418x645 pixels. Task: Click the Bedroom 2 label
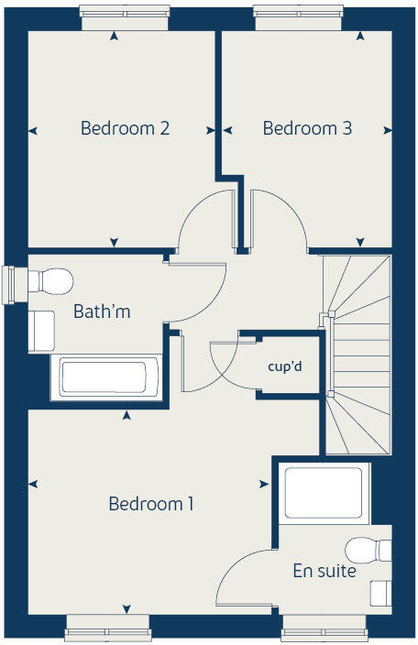(125, 128)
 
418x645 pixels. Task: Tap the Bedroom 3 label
(307, 128)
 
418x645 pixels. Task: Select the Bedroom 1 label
(151, 504)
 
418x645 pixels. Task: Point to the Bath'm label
(102, 312)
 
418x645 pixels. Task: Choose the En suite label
(324, 571)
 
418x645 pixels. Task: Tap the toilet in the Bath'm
(51, 280)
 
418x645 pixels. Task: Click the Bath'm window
(11, 283)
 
